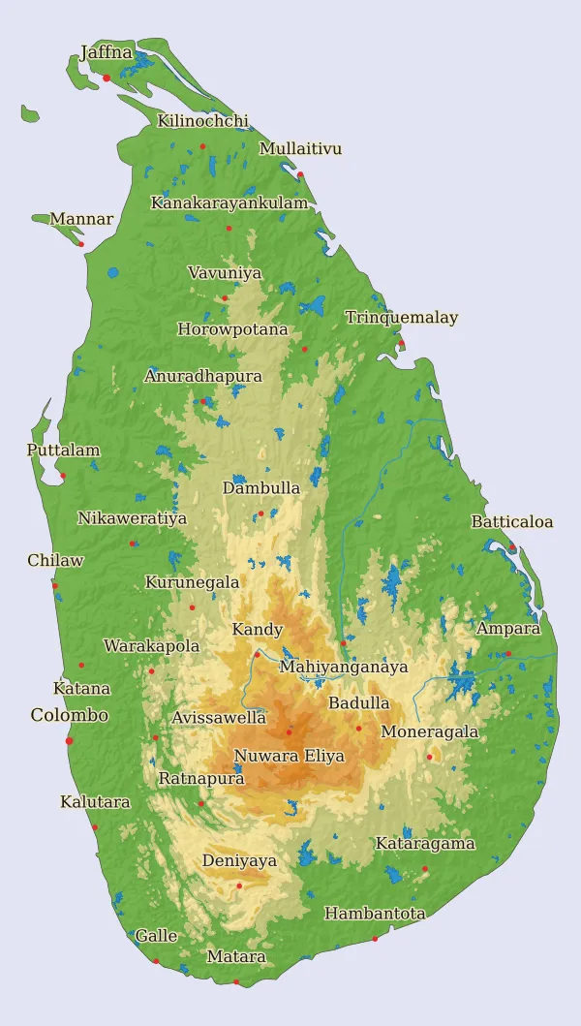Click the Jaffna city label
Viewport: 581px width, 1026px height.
pyautogui.click(x=107, y=52)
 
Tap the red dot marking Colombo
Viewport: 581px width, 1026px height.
pyautogui.click(x=69, y=741)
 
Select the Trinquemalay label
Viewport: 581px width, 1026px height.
pyautogui.click(x=401, y=318)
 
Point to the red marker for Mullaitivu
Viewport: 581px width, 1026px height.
pyautogui.click(x=300, y=174)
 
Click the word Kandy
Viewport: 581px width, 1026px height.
pyautogui.click(x=258, y=630)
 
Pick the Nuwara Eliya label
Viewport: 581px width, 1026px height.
pyautogui.click(x=289, y=756)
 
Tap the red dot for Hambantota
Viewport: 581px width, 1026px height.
pyautogui.click(x=376, y=938)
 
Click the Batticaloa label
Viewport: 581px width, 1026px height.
pyautogui.click(x=512, y=522)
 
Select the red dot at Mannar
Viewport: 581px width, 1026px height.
pyautogui.click(x=81, y=243)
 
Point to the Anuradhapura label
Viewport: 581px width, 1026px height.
pyautogui.click(x=203, y=376)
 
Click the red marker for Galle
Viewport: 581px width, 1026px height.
pyautogui.click(x=156, y=961)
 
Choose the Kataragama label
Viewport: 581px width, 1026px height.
pyautogui.click(x=425, y=844)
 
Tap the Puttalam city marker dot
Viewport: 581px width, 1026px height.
pyautogui.click(x=63, y=475)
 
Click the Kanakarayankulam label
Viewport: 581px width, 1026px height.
pyautogui.click(x=229, y=203)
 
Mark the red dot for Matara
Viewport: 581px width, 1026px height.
pyautogui.click(x=236, y=981)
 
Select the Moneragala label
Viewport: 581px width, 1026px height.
pyautogui.click(x=429, y=731)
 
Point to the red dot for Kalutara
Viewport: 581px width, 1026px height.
pyautogui.click(x=95, y=826)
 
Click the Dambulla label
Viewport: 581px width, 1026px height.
pyautogui.click(x=261, y=488)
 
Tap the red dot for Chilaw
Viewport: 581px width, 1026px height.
pyautogui.click(x=55, y=585)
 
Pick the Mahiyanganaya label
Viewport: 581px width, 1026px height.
pyautogui.click(x=344, y=668)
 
